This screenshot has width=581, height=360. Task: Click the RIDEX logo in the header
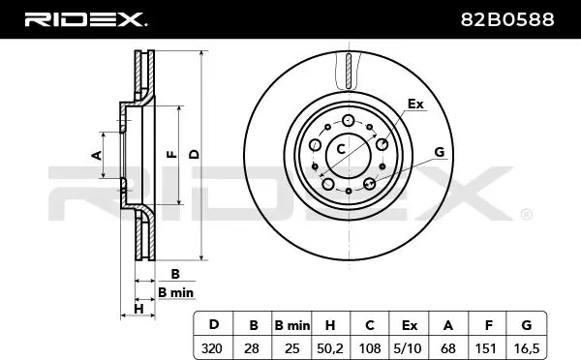click(85, 19)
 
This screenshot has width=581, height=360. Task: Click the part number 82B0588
click(507, 19)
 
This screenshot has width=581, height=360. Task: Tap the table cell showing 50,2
click(330, 348)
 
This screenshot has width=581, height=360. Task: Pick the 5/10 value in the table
click(409, 348)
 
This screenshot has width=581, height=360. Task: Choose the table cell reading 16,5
click(526, 348)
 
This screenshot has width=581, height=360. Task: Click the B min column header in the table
click(292, 325)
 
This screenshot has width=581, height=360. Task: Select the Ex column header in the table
click(409, 325)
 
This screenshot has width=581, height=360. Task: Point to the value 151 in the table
click(486, 348)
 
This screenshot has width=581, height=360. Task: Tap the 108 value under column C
click(370, 348)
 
